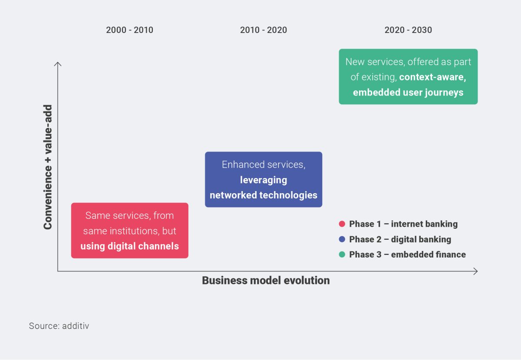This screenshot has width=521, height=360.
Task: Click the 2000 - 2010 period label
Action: point(129,30)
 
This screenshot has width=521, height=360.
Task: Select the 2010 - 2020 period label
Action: point(264,30)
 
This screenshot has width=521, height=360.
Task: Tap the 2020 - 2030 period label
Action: point(408,30)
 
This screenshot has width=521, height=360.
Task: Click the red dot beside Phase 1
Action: point(342,224)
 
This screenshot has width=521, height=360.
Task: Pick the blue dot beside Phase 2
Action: point(342,239)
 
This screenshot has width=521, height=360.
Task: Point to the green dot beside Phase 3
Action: point(342,254)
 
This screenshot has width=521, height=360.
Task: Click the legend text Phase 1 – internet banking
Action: point(403,224)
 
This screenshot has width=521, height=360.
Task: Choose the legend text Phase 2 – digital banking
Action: point(400,239)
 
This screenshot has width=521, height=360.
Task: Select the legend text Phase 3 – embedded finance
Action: point(408,254)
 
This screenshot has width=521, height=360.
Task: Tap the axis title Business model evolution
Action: point(266,281)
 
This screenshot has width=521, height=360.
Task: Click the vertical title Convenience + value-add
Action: point(48,167)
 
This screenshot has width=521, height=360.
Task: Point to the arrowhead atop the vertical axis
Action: point(58,63)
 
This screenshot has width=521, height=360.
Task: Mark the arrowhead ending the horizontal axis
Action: point(477,271)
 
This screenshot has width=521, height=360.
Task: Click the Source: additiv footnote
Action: point(59,326)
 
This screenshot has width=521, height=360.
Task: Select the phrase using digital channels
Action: point(129,246)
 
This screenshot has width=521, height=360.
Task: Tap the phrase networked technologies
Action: point(264,195)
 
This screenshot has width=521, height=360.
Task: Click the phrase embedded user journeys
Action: point(408,92)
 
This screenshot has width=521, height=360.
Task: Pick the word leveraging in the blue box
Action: point(264,180)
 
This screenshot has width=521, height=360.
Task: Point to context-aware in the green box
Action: point(432,77)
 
